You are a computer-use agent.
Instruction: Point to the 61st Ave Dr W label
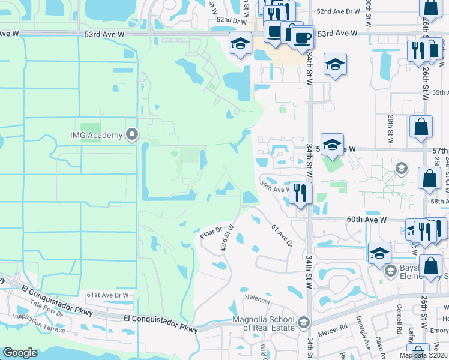point(107,295)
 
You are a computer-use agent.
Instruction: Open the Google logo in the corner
point(20,353)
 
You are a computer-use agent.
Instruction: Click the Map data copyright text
point(423,355)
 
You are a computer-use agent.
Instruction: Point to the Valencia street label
point(256,298)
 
